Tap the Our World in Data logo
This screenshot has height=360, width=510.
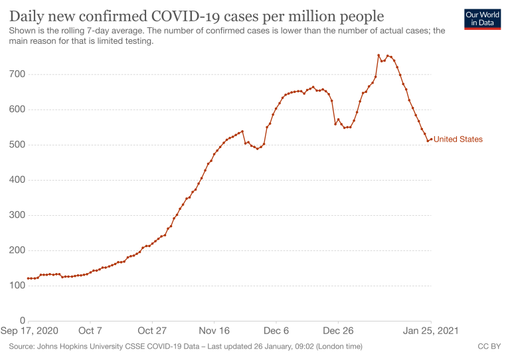(x=483, y=19)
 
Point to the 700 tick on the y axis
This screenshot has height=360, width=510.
(x=17, y=74)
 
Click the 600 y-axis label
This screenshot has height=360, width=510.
(x=17, y=110)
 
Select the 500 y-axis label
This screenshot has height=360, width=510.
(x=17, y=145)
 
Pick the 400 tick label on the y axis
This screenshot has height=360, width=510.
(x=17, y=180)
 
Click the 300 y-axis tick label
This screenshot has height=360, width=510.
(x=17, y=215)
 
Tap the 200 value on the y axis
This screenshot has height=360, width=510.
(x=17, y=250)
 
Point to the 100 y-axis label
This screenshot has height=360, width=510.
(x=17, y=286)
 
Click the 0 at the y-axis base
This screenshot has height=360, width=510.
(x=21, y=321)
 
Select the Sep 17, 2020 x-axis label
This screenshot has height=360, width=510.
(x=35, y=331)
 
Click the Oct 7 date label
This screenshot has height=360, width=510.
(x=90, y=331)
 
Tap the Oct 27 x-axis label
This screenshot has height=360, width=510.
(x=152, y=331)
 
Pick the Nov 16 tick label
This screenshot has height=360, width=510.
(x=214, y=331)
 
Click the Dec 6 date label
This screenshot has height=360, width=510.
(x=276, y=331)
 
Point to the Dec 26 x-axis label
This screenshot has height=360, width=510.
(x=338, y=331)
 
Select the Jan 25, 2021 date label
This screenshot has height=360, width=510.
(x=428, y=331)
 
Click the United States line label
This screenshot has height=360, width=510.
(x=458, y=139)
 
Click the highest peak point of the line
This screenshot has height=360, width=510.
(x=379, y=56)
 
